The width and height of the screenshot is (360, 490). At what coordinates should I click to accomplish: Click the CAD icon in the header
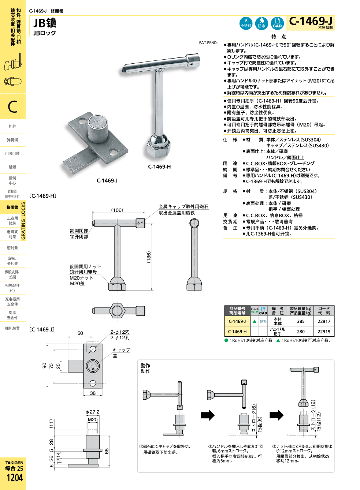click(x=277, y=23)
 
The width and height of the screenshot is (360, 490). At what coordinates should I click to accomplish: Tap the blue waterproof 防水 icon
click(x=261, y=23)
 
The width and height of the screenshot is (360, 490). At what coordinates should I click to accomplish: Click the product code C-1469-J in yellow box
click(x=311, y=22)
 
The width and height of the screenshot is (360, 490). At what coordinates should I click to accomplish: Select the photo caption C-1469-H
click(x=159, y=167)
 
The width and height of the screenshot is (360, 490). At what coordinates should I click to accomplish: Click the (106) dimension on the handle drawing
click(x=117, y=210)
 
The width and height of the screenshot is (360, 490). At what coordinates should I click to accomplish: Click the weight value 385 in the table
click(x=301, y=321)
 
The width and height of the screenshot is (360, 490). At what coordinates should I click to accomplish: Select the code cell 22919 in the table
click(x=324, y=332)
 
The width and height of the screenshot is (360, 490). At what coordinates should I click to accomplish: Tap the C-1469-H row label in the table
click(x=237, y=332)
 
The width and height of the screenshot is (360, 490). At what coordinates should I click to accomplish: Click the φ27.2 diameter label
click(x=92, y=412)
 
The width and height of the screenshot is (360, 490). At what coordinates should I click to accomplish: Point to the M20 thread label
click(x=93, y=420)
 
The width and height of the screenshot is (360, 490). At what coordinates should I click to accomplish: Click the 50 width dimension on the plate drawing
click(x=80, y=333)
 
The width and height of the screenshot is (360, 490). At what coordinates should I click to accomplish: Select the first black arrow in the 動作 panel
click(x=207, y=415)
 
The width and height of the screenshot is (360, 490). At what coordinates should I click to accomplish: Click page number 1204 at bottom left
click(x=14, y=478)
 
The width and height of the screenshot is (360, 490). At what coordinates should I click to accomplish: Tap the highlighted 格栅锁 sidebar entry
click(x=12, y=207)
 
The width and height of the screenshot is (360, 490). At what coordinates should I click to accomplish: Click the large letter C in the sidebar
click(x=12, y=107)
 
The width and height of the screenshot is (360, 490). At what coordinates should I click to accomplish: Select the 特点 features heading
click(x=278, y=37)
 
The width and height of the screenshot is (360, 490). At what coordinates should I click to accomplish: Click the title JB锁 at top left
click(x=45, y=23)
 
